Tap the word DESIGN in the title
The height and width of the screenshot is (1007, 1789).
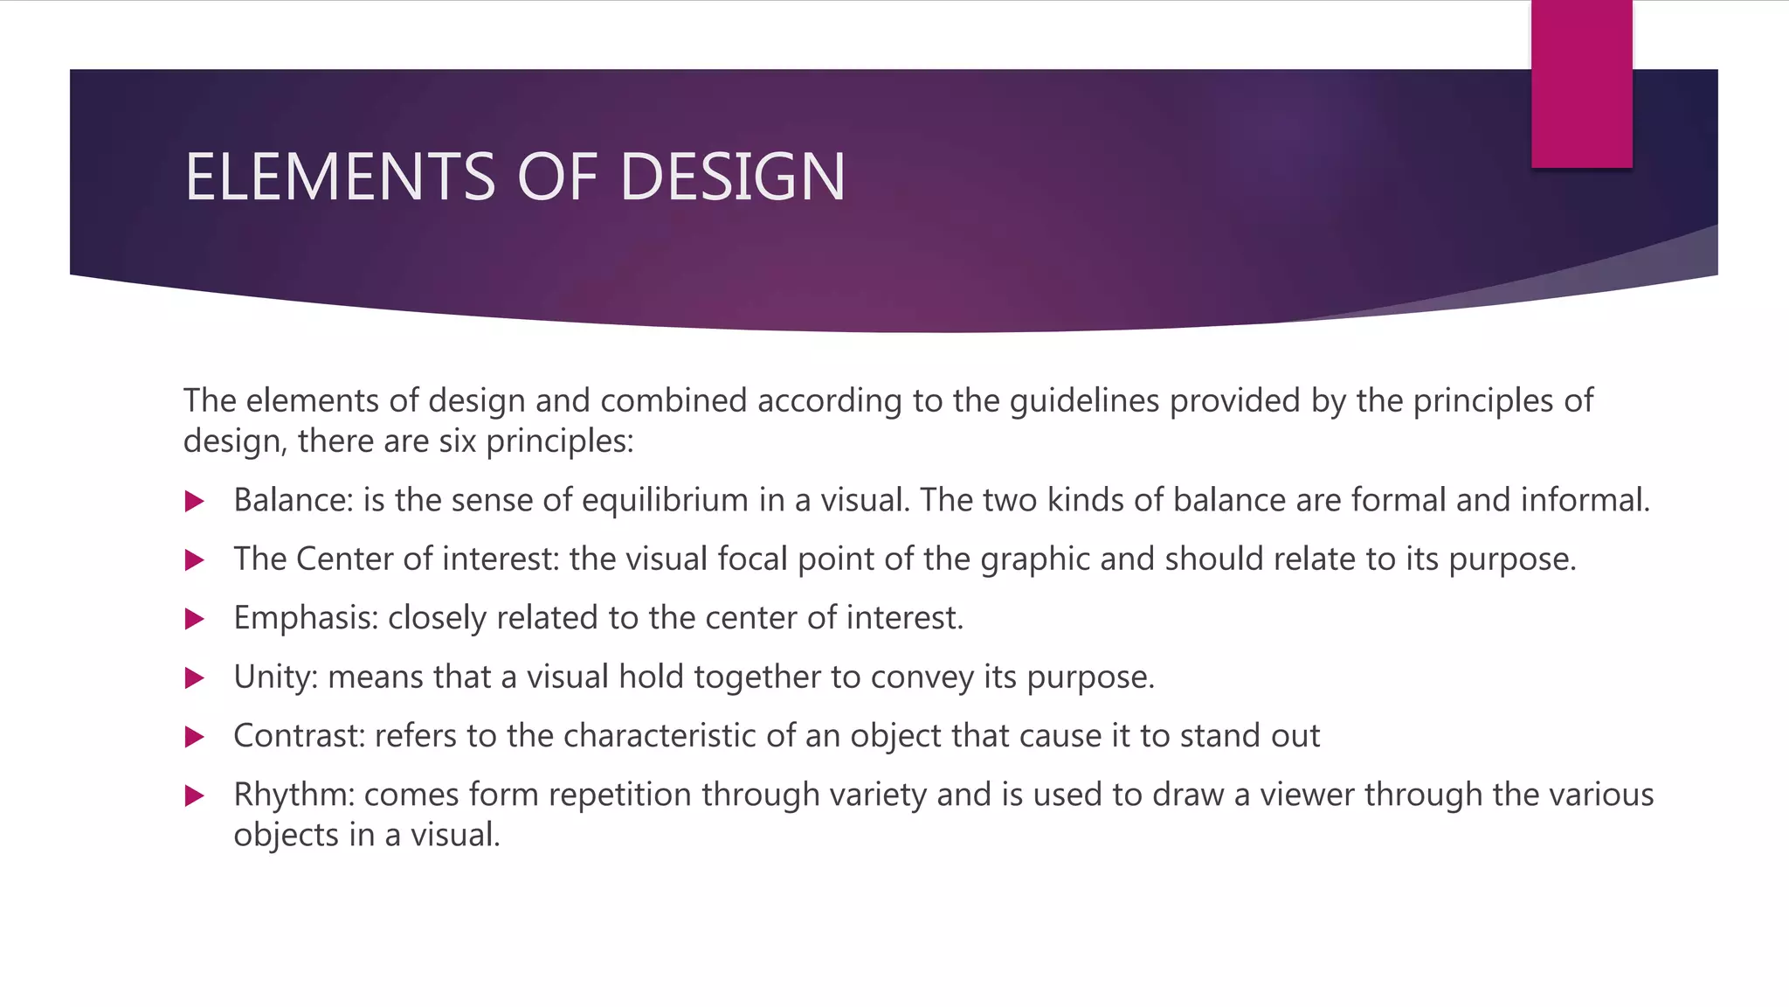(732, 177)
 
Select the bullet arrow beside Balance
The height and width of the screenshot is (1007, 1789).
(195, 502)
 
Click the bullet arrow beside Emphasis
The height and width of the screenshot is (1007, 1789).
(195, 620)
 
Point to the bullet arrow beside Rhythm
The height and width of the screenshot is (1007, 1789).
(195, 796)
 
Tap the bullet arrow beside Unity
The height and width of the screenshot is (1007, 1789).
(195, 678)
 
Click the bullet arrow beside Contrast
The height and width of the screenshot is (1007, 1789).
(195, 738)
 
